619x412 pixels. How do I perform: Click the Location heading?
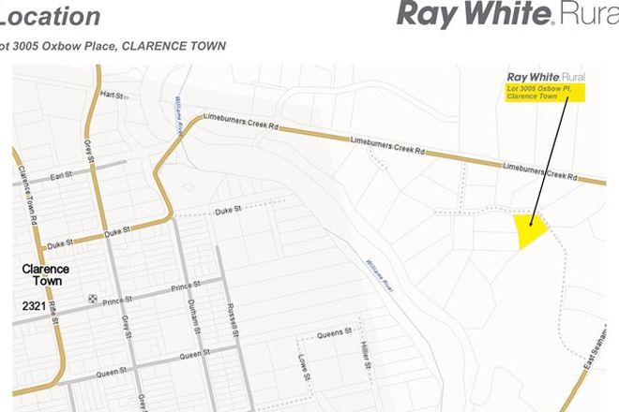(x=52, y=16)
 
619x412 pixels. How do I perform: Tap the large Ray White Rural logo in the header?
(x=507, y=14)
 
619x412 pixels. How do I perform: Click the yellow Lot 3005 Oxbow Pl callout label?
(x=545, y=92)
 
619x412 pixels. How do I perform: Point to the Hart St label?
(x=113, y=96)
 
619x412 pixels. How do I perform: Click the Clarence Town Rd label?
(x=24, y=192)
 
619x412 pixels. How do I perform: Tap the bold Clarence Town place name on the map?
(x=45, y=275)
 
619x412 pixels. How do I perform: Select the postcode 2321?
(x=36, y=306)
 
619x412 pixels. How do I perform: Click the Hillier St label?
(x=363, y=356)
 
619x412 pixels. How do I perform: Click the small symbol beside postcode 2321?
(x=92, y=299)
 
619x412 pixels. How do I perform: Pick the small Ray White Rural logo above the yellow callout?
(x=545, y=76)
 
